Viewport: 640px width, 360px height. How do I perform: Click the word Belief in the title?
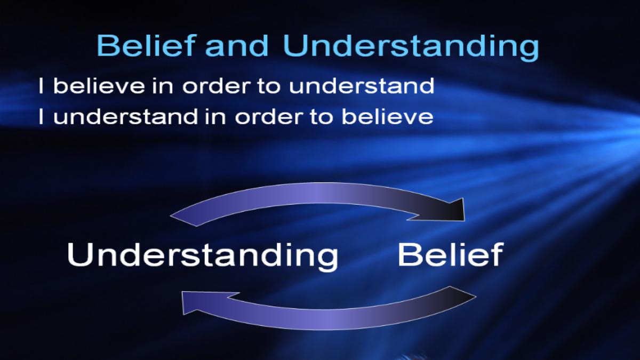click(146, 45)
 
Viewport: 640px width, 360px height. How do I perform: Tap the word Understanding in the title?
click(411, 47)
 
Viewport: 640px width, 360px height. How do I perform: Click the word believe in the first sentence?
click(99, 85)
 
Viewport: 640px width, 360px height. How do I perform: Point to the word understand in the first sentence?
click(362, 85)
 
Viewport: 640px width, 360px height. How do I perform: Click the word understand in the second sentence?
click(126, 117)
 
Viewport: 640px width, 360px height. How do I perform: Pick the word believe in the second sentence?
click(387, 117)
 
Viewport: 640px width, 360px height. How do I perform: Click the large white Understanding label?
click(203, 256)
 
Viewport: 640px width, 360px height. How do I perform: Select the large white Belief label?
click(451, 254)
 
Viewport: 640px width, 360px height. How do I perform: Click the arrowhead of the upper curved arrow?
click(451, 211)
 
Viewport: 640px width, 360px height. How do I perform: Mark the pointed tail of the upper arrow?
click(171, 216)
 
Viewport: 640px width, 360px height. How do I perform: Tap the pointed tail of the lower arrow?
click(476, 297)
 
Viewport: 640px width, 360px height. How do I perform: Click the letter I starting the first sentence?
click(41, 85)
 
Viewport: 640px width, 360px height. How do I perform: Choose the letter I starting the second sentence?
click(41, 117)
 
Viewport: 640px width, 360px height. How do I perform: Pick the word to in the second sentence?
click(322, 117)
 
